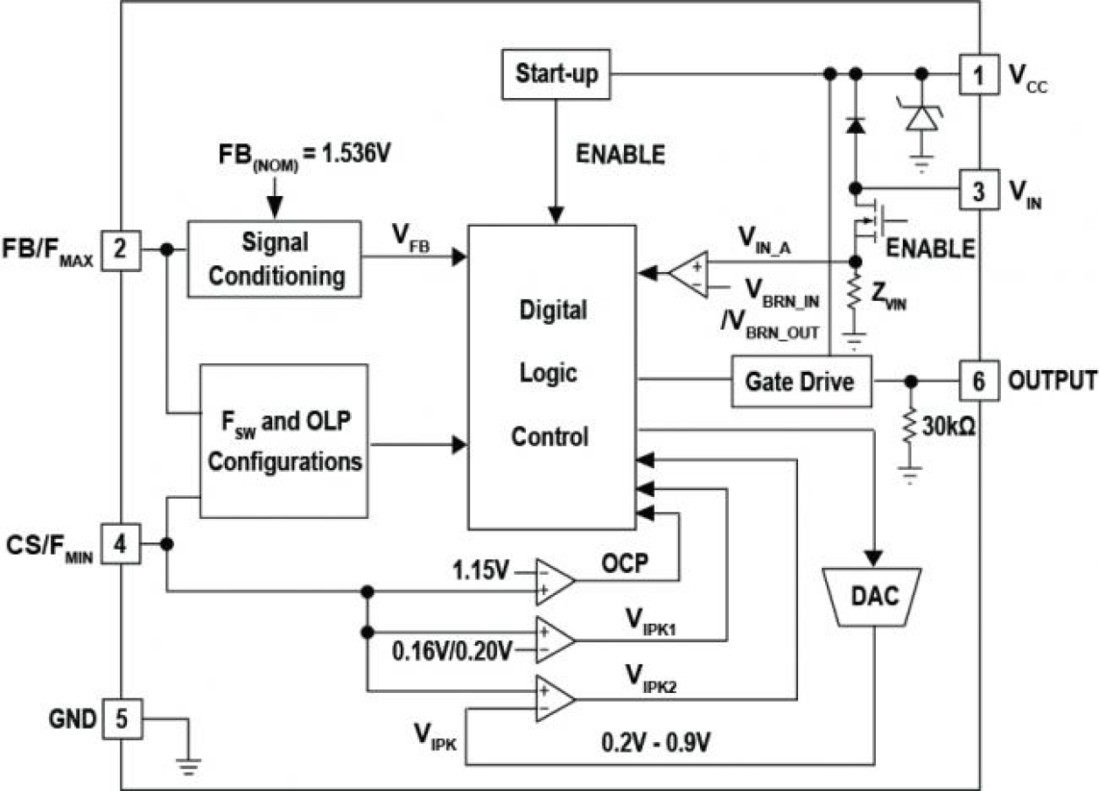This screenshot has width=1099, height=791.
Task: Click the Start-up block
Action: (556, 73)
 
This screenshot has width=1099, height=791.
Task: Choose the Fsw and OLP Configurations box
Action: (284, 442)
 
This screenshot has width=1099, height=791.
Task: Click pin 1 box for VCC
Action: (977, 75)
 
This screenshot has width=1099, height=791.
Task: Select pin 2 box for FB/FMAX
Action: (120, 250)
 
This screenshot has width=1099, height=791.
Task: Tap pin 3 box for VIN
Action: (977, 188)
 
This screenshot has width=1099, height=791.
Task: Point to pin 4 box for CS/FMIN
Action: (120, 544)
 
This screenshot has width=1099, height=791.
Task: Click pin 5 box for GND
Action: (120, 719)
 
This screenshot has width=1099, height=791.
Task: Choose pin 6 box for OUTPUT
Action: (977, 381)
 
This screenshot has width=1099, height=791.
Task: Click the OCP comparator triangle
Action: (555, 580)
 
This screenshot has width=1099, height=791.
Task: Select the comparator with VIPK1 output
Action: (555, 639)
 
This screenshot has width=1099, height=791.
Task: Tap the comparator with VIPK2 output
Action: (555, 698)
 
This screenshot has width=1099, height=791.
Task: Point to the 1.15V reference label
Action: (480, 571)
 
